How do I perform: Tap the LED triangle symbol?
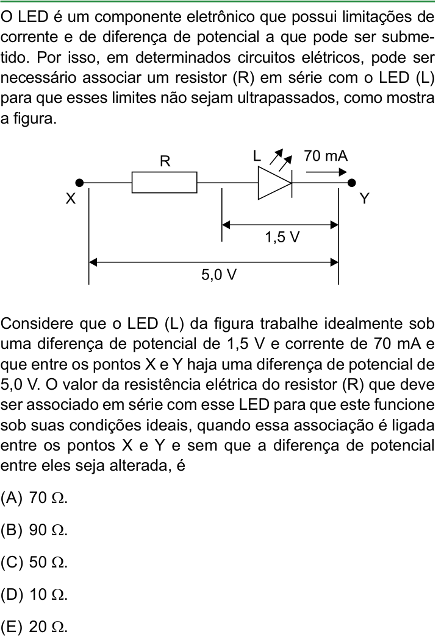(x=275, y=183)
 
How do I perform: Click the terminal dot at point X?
(x=80, y=183)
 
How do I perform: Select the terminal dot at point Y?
(x=351, y=183)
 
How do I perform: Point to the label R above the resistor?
(x=165, y=161)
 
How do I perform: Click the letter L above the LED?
(x=257, y=156)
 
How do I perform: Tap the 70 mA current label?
(x=326, y=156)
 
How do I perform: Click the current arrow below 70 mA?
(x=326, y=172)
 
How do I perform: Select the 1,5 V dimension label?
(x=282, y=237)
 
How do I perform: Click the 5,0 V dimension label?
(x=219, y=275)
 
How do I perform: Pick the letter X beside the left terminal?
(x=71, y=199)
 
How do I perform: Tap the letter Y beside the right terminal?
(x=364, y=199)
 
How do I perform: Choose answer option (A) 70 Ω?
(x=34, y=498)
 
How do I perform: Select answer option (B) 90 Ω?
(x=34, y=530)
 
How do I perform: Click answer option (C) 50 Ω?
(x=34, y=562)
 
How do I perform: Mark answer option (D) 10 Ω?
(x=34, y=594)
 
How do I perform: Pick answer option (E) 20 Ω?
(x=34, y=627)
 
